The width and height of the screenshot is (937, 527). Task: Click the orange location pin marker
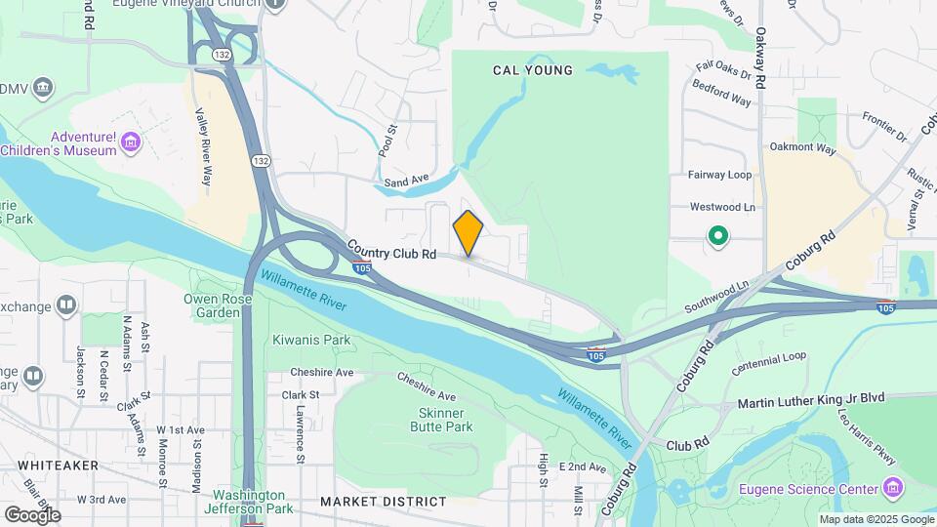[x=468, y=232]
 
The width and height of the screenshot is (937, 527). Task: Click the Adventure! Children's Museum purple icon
[x=130, y=144]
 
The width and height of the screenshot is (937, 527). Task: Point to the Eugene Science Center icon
[x=891, y=487]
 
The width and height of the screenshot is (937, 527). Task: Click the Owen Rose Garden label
[x=213, y=305]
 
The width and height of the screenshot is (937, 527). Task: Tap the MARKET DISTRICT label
[x=384, y=502]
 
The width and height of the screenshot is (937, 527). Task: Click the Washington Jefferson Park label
[x=250, y=502]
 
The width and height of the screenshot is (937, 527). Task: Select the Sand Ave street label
[x=407, y=181]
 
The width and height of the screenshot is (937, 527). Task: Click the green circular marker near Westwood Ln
[x=718, y=235]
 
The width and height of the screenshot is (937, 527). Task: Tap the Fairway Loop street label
[x=720, y=175]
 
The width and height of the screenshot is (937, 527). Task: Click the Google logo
[x=32, y=514]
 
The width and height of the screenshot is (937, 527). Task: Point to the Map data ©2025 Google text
[x=876, y=519]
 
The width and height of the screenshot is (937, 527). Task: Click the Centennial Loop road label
[x=769, y=364]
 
